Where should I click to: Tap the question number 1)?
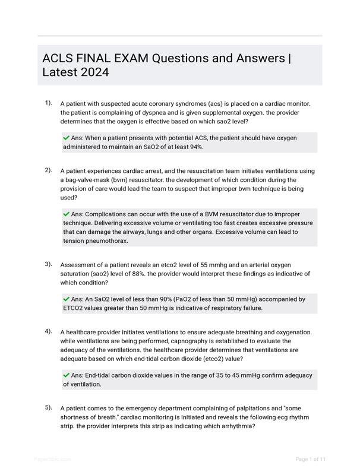pos(49,103)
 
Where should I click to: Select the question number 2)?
pos(49,170)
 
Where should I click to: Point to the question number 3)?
pos(49,264)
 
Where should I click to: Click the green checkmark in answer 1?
pos(66,138)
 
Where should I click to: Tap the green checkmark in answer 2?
pos(66,214)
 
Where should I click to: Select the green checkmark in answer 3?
pos(66,299)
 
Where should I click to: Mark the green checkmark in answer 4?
pos(66,375)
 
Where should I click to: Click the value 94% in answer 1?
pos(195,147)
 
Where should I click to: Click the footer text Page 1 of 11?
pos(311,459)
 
